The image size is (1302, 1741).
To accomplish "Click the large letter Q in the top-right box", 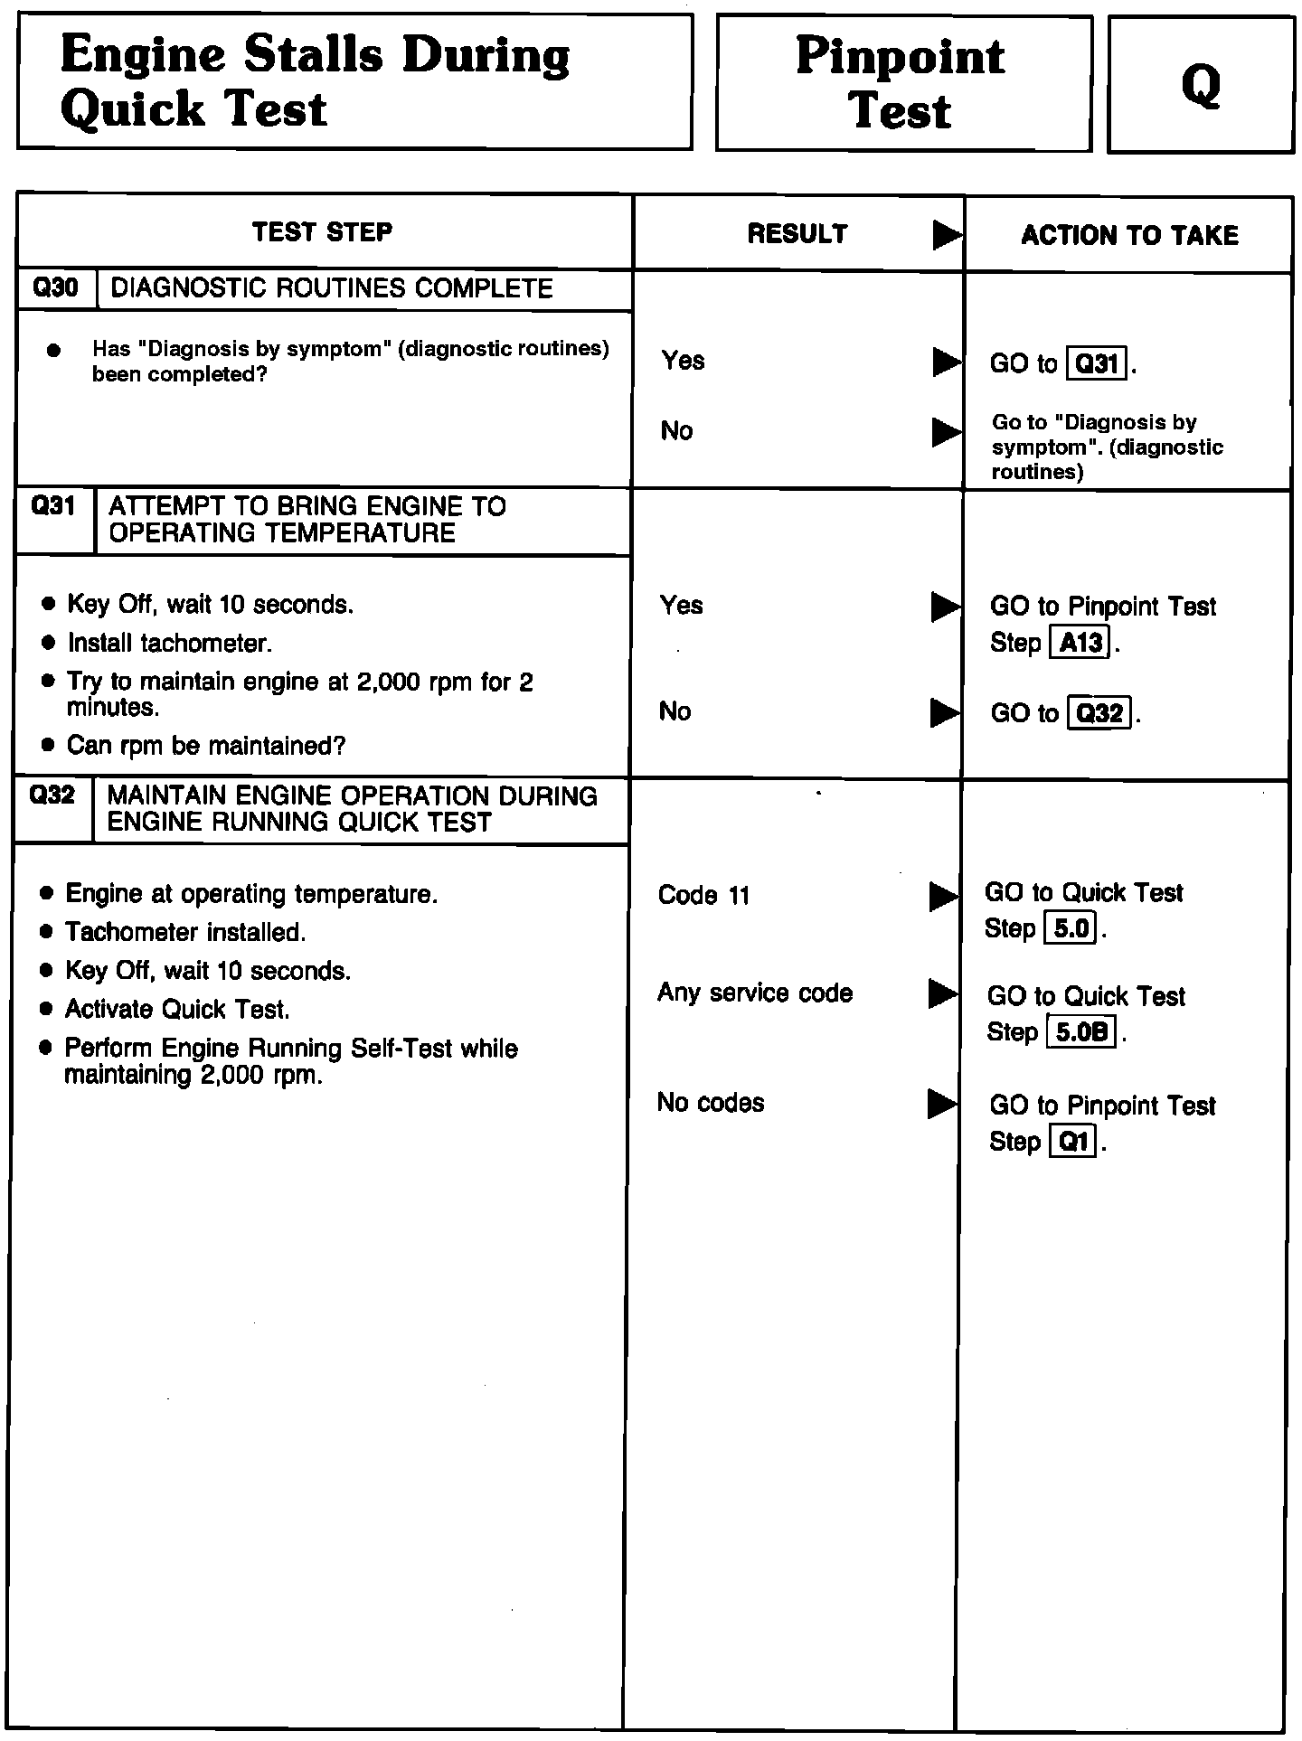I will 1201,86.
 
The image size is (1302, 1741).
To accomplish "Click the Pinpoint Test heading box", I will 902,83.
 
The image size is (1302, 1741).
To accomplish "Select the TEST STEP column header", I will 323,232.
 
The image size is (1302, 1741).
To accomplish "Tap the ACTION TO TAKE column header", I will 1129,236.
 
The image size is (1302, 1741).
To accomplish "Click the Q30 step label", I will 56,288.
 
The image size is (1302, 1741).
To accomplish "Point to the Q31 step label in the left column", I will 53,506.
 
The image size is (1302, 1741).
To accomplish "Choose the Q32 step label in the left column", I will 52,795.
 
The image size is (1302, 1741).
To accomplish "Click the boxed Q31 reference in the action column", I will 1098,364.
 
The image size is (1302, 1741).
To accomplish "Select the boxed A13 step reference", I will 1080,644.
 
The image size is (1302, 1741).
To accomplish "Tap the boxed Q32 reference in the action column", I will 1100,714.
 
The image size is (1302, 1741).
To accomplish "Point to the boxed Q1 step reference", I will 1073,1143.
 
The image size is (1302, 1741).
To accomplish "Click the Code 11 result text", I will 704,896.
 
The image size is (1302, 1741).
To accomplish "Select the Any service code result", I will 755,993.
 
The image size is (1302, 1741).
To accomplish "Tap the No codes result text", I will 711,1103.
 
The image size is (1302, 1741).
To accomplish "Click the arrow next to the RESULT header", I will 947,235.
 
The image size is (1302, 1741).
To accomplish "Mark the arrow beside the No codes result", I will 942,1104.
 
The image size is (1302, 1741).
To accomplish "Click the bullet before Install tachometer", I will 49,644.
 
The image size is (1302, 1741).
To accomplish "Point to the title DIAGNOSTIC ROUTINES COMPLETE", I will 331,288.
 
